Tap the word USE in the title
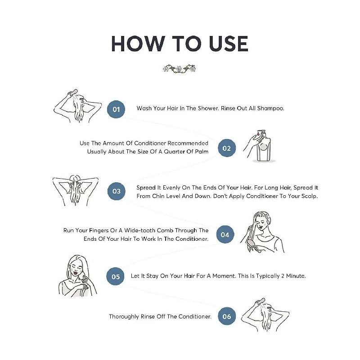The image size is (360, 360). click(229, 44)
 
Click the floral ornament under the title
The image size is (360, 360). click(179, 69)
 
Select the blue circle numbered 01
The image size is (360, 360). click(116, 109)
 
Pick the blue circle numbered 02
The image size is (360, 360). click(227, 148)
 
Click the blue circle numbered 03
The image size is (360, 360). click(117, 191)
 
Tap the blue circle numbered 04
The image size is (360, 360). click(225, 234)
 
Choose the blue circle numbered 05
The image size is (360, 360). click(116, 276)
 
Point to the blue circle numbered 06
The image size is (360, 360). click(227, 316)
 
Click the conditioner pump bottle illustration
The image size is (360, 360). click(263, 147)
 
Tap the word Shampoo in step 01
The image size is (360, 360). click(270, 108)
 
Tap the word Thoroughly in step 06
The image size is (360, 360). click(124, 317)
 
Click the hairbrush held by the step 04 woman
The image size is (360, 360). click(253, 246)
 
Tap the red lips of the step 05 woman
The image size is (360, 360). click(76, 273)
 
